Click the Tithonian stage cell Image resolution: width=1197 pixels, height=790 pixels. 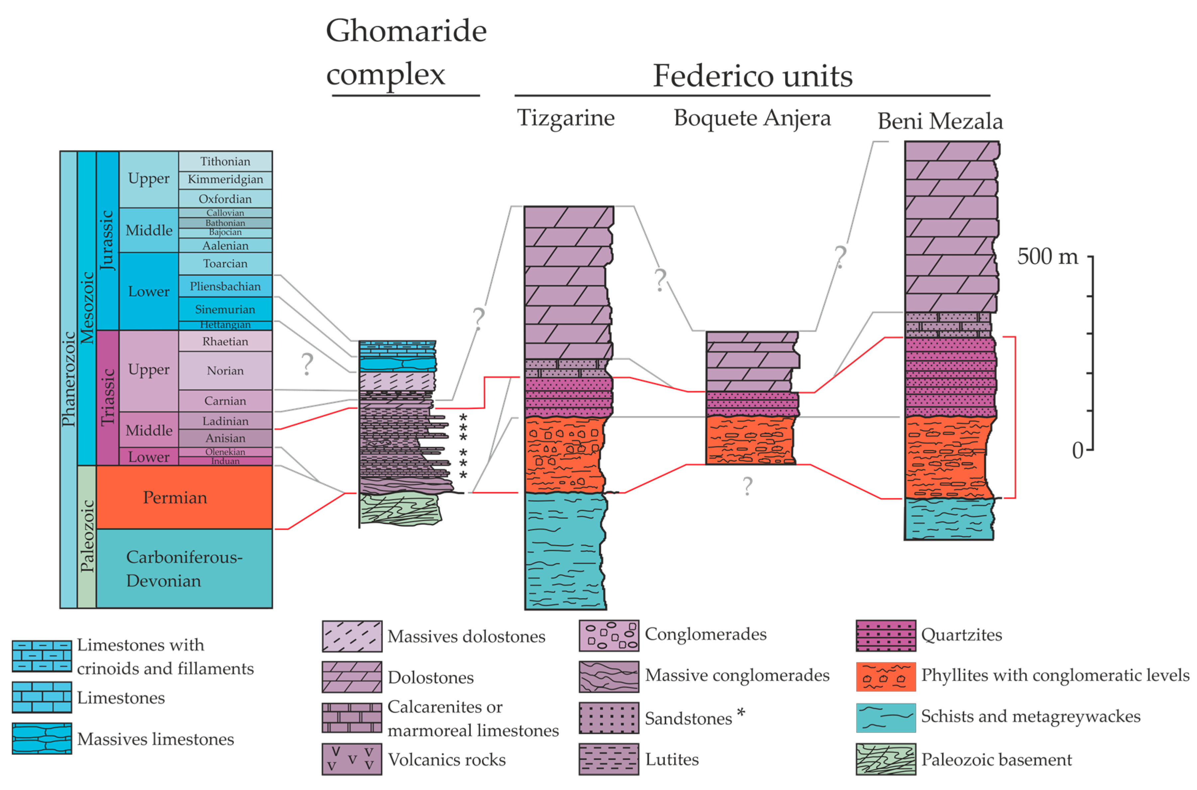tap(225, 161)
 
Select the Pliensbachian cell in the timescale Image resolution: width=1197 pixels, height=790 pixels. tap(225, 286)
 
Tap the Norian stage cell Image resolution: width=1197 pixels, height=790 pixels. tap(225, 371)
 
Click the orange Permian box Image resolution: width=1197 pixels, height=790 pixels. tap(184, 497)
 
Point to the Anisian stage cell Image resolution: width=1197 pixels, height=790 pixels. tap(225, 438)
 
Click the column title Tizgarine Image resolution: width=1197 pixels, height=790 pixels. tap(566, 118)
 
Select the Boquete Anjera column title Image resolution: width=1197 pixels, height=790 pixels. tap(752, 118)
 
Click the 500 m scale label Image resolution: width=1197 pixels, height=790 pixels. tap(1047, 256)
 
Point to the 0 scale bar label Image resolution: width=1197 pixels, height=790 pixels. tap(1077, 450)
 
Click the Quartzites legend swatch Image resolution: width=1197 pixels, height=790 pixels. tap(886, 635)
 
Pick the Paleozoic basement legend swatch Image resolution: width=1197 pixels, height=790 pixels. tap(886, 759)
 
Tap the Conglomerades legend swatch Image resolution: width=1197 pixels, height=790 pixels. tap(609, 635)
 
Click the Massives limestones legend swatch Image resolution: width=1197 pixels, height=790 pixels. tap(42, 739)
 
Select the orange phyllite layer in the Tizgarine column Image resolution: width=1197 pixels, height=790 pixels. tap(564, 455)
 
